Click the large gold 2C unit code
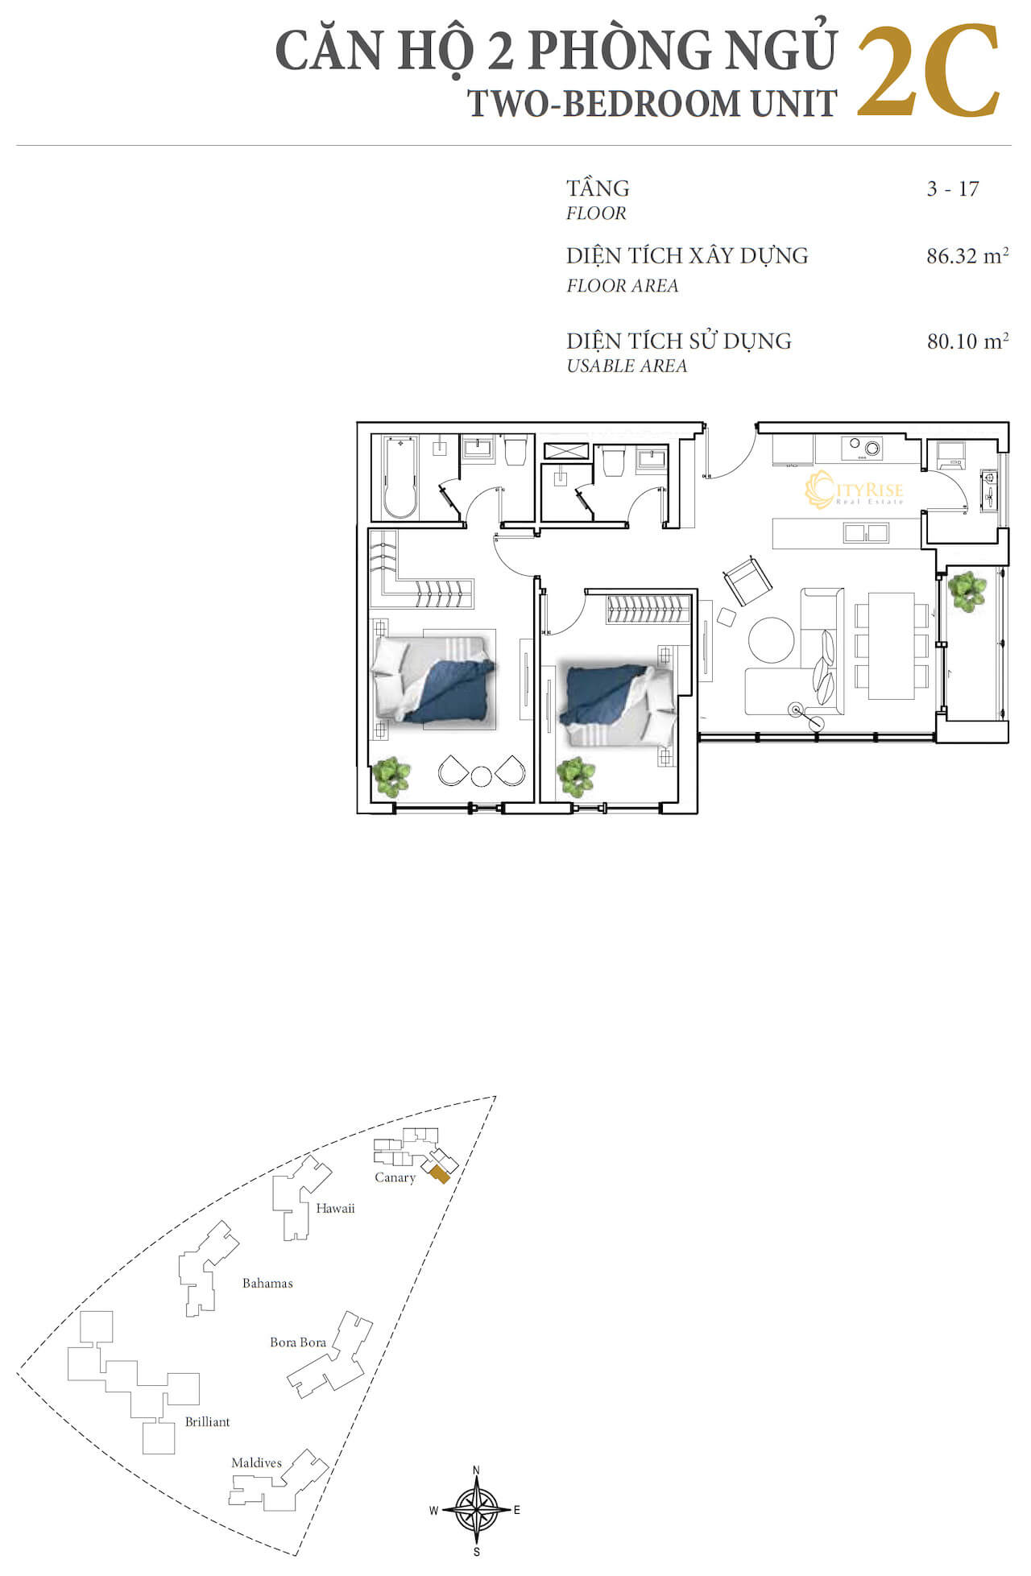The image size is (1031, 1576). pos(928,72)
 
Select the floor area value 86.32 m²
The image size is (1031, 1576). pos(967,256)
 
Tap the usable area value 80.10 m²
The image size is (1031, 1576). pos(967,341)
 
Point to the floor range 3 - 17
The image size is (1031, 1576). pos(953,189)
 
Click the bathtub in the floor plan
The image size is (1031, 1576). pos(400,478)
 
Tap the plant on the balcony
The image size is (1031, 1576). pos(967,591)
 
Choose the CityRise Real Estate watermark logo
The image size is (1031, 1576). pos(854,490)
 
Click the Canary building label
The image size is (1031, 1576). pos(395,1177)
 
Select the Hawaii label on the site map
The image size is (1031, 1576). pos(335,1208)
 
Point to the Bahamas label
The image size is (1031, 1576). pos(267,1283)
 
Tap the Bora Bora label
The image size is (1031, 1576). pos(298,1342)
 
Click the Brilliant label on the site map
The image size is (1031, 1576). pos(207,1421)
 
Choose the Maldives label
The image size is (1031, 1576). pos(256,1462)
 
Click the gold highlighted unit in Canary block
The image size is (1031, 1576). pos(438,1174)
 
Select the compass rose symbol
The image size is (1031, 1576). pos(477,1510)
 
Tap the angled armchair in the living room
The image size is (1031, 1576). pos(748,579)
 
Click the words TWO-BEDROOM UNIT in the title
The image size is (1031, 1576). pos(652,103)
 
